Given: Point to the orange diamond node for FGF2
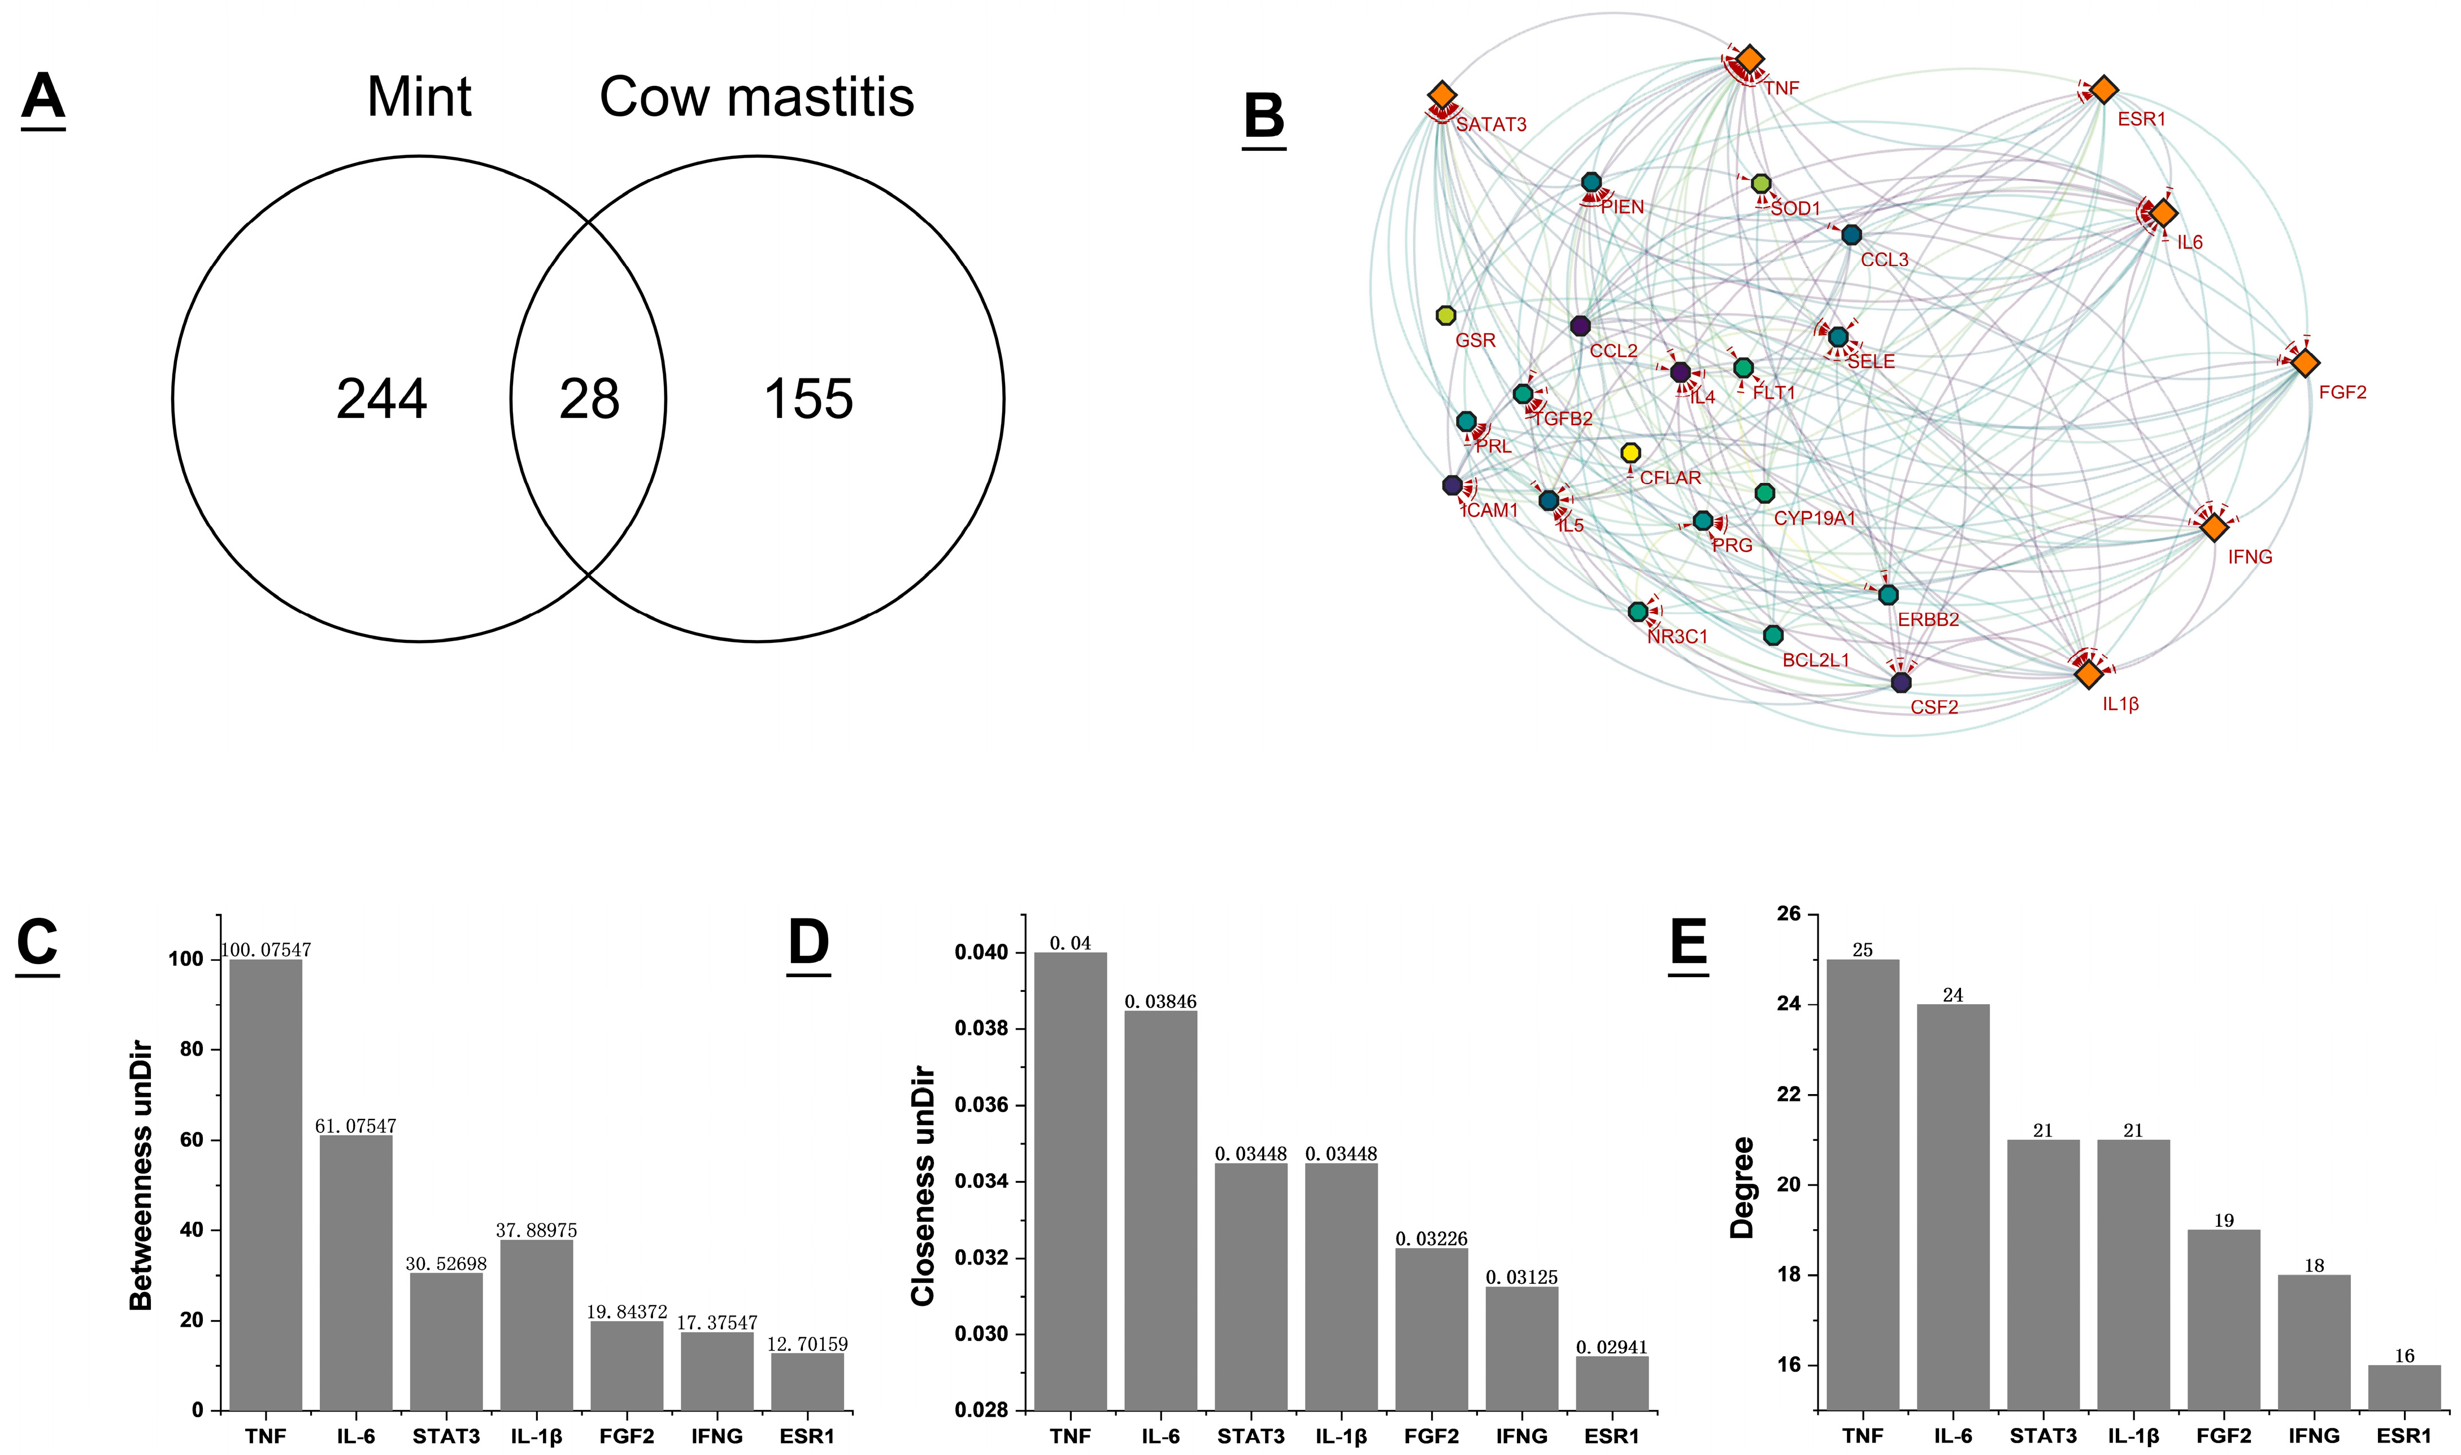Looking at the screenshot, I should point(2305,363).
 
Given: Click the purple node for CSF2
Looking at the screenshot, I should point(1901,682).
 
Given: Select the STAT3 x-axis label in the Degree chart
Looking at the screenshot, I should point(2043,1436).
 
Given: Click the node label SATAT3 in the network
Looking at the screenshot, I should point(1490,124).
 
